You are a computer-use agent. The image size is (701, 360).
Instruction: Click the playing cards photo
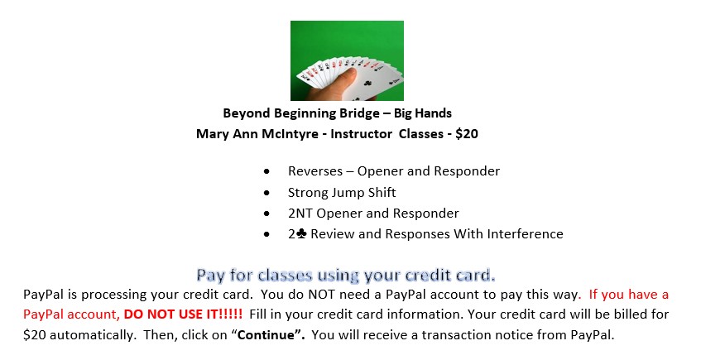point(347,60)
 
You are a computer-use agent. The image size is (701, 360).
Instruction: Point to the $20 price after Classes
point(467,134)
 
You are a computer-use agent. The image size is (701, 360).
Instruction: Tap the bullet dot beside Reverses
point(266,171)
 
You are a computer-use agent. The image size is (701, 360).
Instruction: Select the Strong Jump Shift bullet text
point(342,193)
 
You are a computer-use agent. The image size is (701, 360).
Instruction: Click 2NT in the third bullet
point(300,214)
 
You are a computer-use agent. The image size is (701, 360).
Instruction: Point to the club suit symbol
point(301,233)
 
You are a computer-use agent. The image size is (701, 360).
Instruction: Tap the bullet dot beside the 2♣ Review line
point(266,234)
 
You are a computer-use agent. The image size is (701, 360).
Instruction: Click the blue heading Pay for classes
point(346,275)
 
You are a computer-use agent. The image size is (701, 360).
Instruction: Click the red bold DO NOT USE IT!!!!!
point(183,314)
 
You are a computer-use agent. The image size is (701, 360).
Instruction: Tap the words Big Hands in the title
point(422,113)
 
